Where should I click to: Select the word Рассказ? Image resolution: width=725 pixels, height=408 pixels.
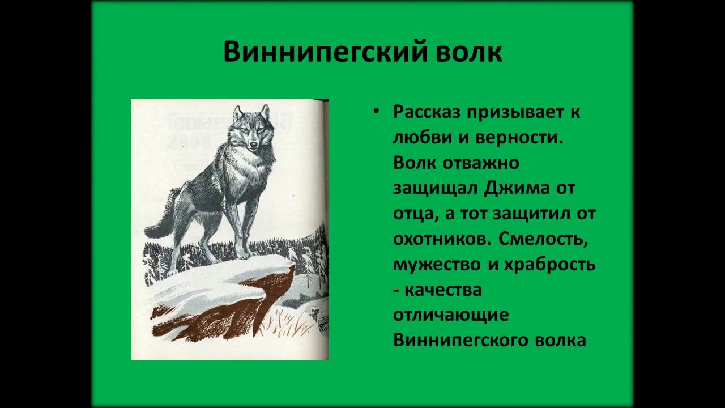click(427, 112)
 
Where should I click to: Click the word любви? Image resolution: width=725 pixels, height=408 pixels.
click(420, 138)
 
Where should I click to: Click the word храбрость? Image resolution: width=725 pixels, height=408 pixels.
click(547, 265)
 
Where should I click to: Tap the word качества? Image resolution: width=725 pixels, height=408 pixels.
click(444, 290)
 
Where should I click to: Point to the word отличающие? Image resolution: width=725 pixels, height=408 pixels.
click(450, 315)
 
